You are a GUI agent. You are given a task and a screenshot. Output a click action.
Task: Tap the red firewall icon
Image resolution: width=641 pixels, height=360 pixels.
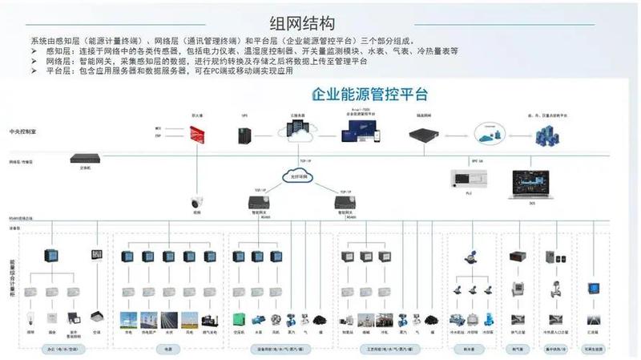pyautogui.click(x=196, y=135)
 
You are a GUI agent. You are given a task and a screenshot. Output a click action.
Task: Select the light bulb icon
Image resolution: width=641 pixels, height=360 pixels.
pyautogui.click(x=31, y=316)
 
